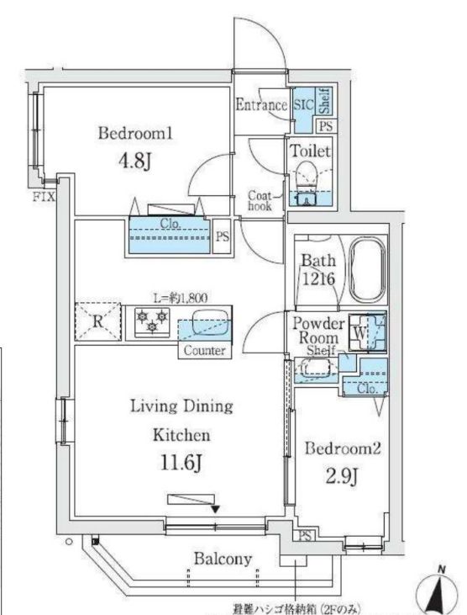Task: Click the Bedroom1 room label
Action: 134,132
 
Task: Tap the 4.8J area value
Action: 134,160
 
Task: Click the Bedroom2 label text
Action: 344,448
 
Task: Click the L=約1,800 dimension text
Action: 178,295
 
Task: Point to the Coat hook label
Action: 260,199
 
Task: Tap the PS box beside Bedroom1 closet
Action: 223,236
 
